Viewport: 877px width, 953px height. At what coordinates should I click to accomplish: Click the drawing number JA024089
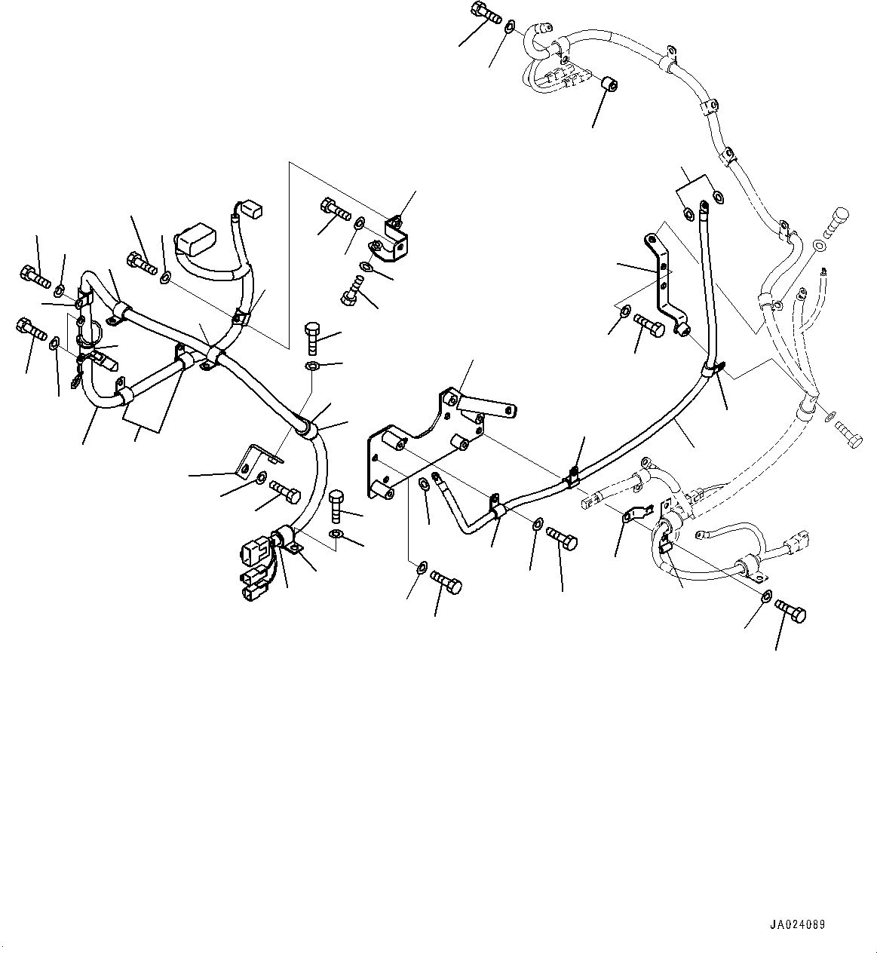point(798,924)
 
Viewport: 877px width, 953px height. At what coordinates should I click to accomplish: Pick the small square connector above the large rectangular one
point(249,207)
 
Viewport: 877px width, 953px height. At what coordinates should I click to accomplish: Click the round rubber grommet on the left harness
point(305,428)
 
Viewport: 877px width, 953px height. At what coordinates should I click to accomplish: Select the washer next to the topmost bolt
point(511,27)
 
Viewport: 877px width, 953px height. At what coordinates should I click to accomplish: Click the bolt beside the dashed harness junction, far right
point(849,435)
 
